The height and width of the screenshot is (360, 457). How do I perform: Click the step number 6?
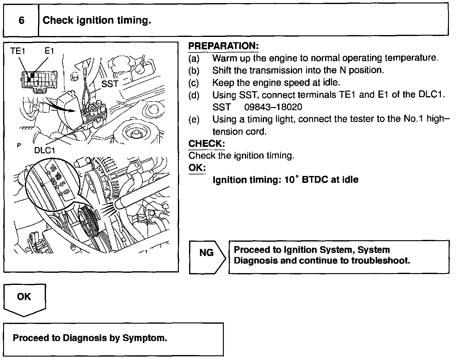21,20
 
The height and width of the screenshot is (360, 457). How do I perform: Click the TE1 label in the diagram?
17,51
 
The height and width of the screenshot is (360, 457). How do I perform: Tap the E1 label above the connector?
49,51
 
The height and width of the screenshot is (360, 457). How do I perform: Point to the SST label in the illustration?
110,84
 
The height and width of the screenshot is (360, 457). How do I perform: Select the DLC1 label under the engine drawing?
45,150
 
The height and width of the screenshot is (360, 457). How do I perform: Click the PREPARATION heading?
224,46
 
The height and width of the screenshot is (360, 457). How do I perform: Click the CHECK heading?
206,144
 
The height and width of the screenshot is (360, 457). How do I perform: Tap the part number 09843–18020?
273,107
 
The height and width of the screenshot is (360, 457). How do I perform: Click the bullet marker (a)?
194,58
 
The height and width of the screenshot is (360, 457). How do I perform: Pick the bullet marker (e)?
194,119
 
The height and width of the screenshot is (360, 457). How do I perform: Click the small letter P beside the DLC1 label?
19,145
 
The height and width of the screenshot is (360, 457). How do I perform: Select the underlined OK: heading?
197,168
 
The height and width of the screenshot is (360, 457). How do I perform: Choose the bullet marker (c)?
194,83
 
